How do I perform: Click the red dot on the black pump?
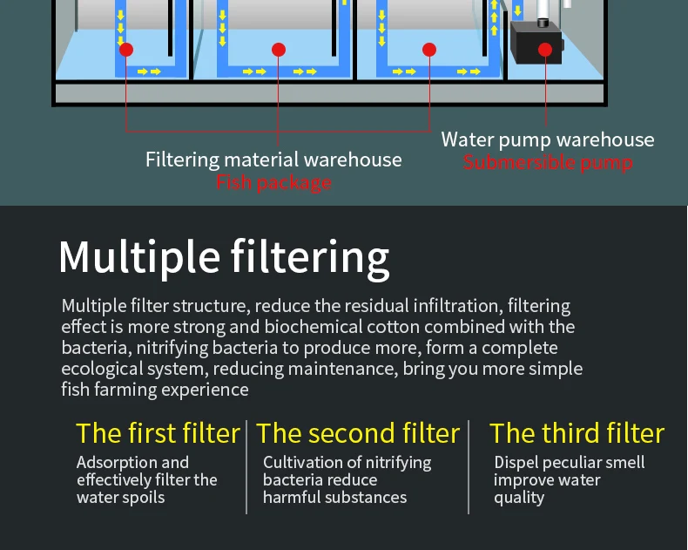pos(545,50)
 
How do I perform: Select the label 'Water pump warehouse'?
pos(547,139)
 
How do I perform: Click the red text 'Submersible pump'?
pos(548,162)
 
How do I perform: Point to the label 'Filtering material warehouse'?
pos(273,160)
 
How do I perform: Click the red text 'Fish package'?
pos(273,182)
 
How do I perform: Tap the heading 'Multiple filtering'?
pos(224,257)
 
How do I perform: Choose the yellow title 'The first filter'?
pos(158,433)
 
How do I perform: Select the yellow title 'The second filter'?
pos(358,433)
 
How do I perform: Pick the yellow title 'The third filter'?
pos(577,433)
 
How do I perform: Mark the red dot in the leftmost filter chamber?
pos(126,50)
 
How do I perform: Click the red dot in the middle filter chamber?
pos(279,50)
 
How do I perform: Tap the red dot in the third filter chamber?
pos(429,50)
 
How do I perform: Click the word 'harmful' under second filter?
pos(292,498)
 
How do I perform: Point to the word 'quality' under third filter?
pos(519,498)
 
